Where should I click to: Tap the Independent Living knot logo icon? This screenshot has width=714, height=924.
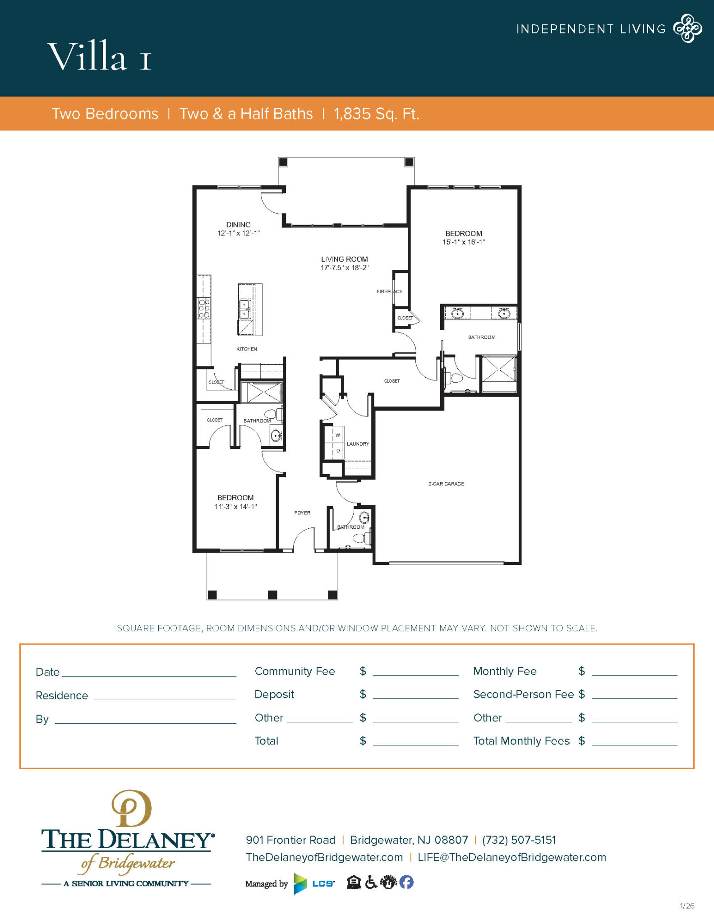pos(687,28)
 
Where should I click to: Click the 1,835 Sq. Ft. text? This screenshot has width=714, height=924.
pos(376,114)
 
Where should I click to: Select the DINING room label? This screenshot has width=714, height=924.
pos(238,225)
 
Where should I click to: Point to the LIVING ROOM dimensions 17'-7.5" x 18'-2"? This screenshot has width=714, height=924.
pos(345,268)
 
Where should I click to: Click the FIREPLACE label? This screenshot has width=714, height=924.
pos(389,291)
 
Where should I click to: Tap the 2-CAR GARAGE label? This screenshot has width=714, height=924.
pos(446,484)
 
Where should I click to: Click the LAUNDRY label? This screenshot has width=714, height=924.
pos(358,444)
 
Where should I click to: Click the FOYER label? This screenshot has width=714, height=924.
pos(302,513)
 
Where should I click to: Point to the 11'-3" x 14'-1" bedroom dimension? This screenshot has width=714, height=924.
pos(235,507)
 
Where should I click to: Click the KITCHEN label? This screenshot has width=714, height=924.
pos(247,349)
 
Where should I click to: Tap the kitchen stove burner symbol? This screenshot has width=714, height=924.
pos(204,309)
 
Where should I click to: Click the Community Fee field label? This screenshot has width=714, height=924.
pos(295,671)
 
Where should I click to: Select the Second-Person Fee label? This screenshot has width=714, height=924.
pos(523,694)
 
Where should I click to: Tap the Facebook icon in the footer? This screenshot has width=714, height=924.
pos(406,882)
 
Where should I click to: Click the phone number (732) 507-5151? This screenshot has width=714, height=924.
pos(519,840)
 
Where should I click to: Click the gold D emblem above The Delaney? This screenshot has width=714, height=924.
pos(131,808)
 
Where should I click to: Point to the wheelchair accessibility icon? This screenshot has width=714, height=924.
pos(371,882)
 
